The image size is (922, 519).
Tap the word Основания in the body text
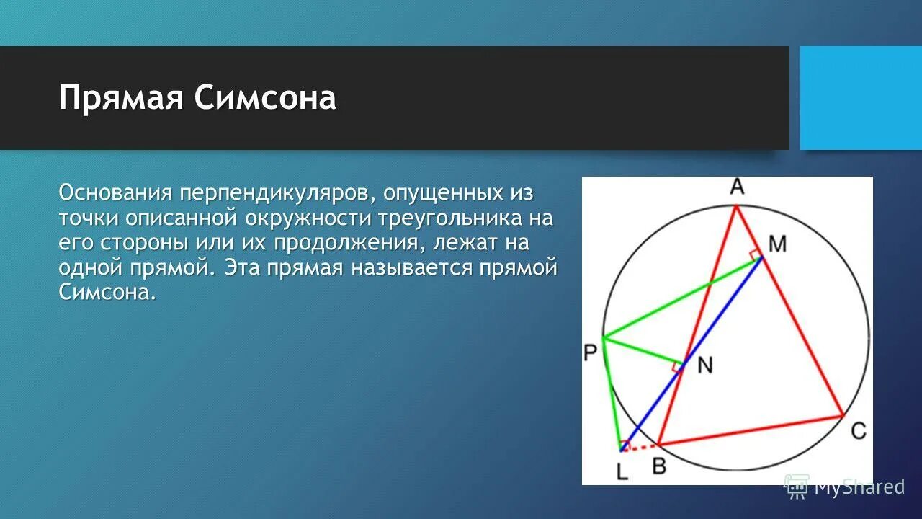click(115, 193)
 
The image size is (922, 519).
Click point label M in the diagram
click(776, 244)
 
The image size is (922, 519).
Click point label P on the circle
click(591, 352)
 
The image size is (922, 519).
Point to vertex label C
click(858, 430)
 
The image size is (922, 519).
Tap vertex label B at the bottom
click(659, 466)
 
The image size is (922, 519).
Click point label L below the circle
click(622, 471)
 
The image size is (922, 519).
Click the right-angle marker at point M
click(754, 254)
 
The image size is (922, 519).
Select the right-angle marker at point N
click(677, 367)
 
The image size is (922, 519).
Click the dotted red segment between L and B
click(640, 447)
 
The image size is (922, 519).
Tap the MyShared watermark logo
click(797, 487)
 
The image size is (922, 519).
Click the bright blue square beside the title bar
click(861, 98)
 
